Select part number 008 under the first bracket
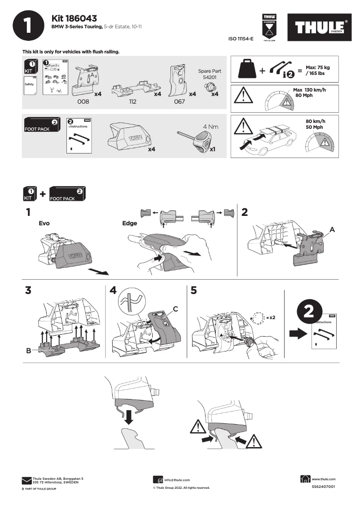tap(83, 102)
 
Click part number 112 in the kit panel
tap(132, 102)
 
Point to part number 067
tap(180, 102)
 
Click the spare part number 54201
tap(210, 77)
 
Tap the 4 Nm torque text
tap(211, 127)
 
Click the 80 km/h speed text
tap(315, 122)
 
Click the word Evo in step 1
tap(44, 223)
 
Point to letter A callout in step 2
tap(332, 229)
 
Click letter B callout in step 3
tap(28, 351)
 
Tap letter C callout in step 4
tap(176, 309)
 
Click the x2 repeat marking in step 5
tap(271, 317)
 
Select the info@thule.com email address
tap(177, 480)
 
